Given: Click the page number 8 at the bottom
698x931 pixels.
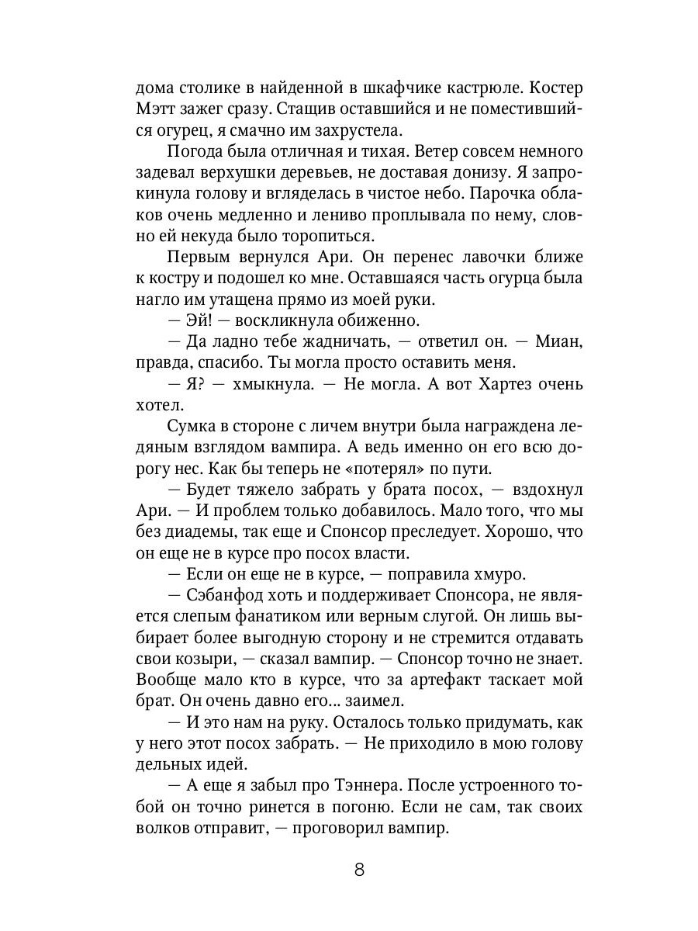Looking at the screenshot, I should (x=359, y=869).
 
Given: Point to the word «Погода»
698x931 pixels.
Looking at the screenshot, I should (x=199, y=151).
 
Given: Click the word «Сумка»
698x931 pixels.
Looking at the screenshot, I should (x=192, y=425).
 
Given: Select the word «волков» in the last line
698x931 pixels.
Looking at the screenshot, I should (x=166, y=829).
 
